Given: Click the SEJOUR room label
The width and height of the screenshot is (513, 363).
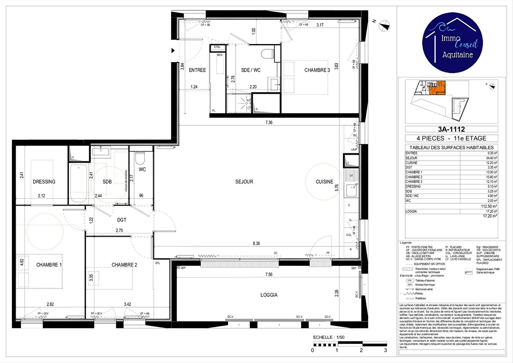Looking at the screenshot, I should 244,182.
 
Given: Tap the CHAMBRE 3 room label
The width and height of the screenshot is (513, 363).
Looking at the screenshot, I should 317,70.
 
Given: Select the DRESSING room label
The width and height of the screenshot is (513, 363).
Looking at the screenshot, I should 44,182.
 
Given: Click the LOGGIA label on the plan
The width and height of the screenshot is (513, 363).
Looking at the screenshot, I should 269,295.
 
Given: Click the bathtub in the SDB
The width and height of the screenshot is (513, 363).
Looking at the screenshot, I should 78,183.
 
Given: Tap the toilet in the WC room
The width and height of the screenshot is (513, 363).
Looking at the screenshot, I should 140,158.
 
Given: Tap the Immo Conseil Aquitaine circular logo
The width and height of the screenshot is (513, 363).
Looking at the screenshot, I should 452,43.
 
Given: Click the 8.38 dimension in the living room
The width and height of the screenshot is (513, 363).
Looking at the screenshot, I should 256,243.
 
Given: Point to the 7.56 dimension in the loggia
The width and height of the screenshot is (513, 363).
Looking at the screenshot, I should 269,275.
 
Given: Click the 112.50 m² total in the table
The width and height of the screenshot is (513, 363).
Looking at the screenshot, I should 489,206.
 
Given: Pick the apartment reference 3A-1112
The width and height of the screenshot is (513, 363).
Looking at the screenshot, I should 451,129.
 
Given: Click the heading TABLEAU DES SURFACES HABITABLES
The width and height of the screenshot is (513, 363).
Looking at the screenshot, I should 451,148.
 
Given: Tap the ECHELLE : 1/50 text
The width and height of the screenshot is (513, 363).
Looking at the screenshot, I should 329,337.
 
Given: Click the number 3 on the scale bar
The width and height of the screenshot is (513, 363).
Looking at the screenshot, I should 385,350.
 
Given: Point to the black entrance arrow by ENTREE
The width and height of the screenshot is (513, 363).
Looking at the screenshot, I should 173,50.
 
